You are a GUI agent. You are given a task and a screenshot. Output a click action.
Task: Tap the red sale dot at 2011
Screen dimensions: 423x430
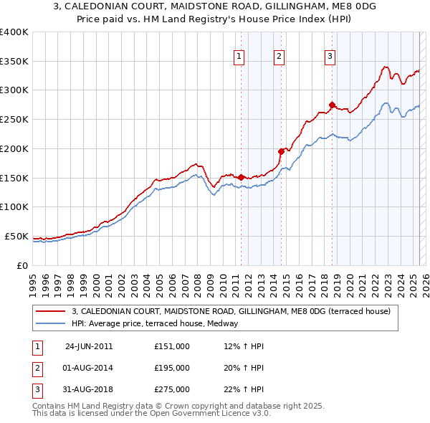[241, 176]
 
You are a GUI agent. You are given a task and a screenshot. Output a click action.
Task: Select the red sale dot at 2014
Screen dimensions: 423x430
[281, 151]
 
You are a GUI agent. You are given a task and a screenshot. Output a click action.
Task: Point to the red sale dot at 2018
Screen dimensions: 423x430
[332, 104]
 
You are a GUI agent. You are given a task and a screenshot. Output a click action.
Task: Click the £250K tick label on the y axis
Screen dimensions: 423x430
[14, 119]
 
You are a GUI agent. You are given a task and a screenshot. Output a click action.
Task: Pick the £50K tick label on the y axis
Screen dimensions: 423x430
[16, 236]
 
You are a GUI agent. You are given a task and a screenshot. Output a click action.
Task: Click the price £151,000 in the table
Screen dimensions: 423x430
[171, 346]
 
